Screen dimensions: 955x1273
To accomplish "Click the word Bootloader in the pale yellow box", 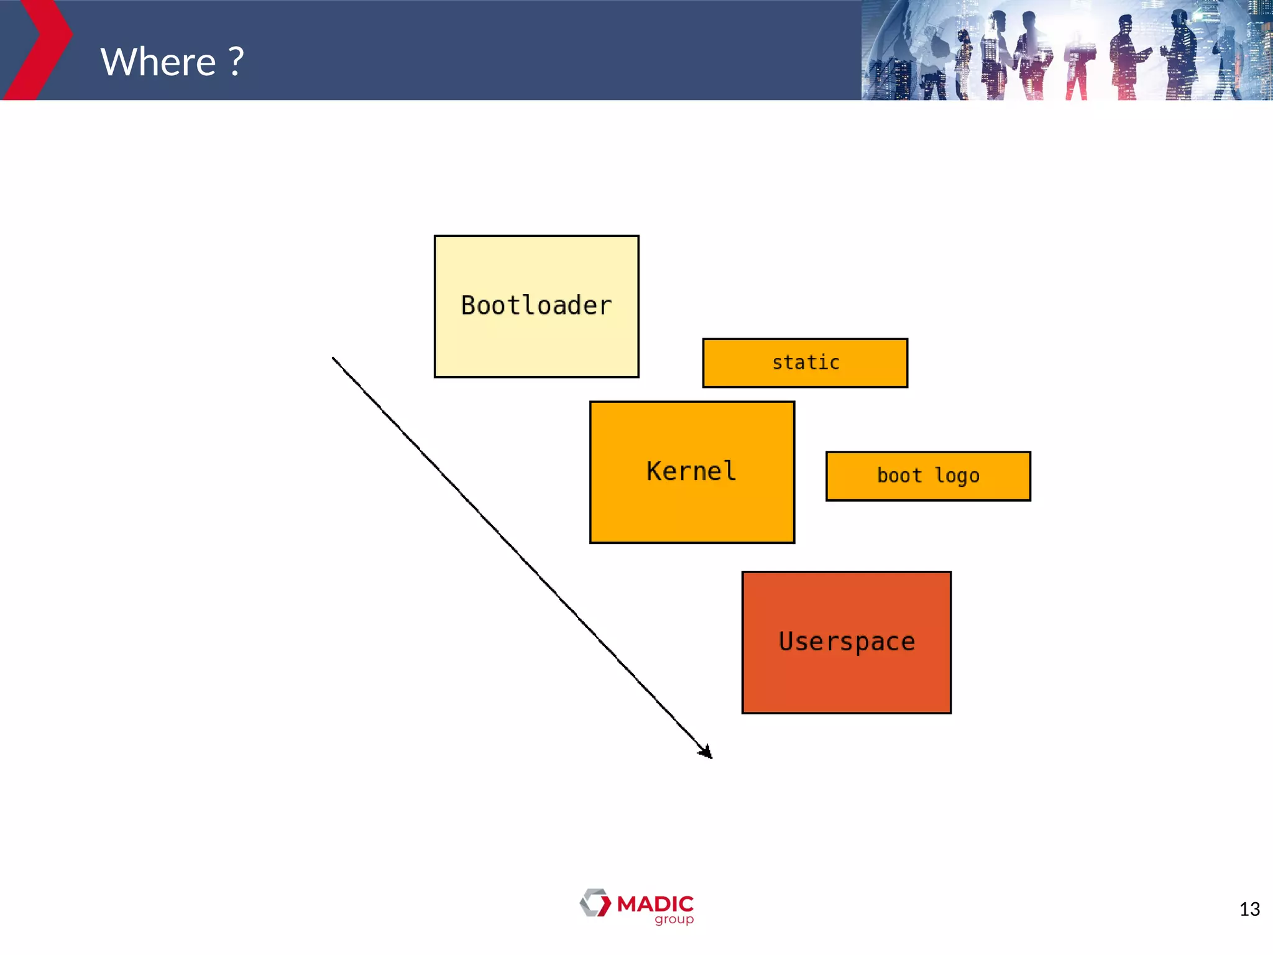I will click(536, 306).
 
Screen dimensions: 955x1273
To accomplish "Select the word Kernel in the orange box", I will click(691, 471).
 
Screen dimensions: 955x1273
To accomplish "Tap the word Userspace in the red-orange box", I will click(847, 642).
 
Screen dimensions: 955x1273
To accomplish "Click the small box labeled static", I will click(805, 362).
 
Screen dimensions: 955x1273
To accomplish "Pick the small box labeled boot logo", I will click(928, 476).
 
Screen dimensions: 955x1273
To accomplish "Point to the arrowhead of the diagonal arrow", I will click(707, 753).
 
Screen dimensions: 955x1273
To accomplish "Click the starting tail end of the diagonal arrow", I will click(334, 359).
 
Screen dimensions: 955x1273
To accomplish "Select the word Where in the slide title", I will click(159, 62).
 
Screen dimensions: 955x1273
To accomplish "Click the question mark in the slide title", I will click(236, 62).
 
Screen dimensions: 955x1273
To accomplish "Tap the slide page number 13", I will click(1249, 910).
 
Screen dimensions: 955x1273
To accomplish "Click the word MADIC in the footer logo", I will click(655, 903).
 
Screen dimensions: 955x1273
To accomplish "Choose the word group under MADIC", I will click(674, 920).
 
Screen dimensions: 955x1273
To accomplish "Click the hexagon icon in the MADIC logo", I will click(595, 903).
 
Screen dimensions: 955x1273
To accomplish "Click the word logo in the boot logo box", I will click(957, 476).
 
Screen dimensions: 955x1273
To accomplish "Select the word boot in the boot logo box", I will click(899, 476).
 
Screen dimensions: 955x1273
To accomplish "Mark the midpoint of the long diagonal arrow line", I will click(522, 558).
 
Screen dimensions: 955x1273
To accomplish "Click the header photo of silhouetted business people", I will click(1067, 50).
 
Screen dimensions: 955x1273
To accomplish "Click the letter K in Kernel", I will click(654, 471).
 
